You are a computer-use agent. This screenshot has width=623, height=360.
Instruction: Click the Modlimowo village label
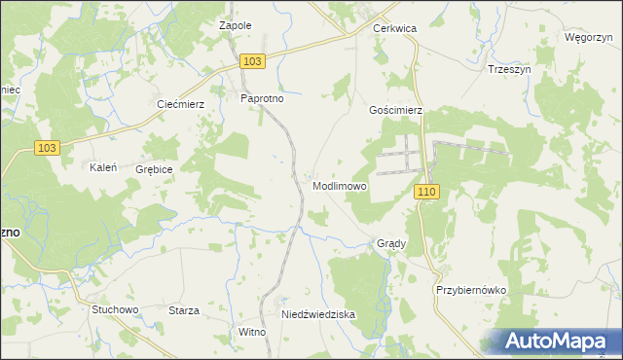339,185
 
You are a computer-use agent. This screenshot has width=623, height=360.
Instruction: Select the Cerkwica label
395,29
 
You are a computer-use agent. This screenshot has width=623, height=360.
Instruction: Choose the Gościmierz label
395,111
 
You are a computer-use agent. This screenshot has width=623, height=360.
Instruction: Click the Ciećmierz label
180,103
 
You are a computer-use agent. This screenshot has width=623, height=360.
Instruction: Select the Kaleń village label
103,167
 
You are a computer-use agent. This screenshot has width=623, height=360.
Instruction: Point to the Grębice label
155,169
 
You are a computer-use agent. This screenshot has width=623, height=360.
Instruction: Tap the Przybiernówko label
466,290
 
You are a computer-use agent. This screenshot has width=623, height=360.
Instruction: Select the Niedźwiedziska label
318,315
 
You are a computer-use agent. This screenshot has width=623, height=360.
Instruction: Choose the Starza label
184,310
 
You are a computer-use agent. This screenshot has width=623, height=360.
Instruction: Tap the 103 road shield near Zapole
252,61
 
